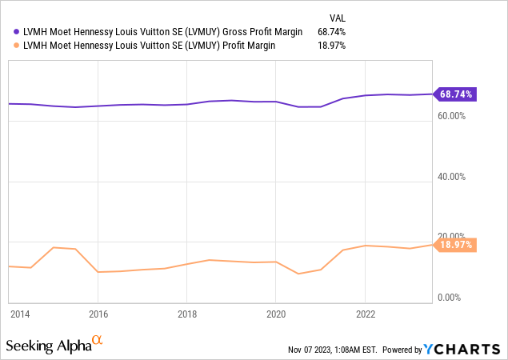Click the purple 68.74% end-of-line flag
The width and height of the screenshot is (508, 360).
point(455,94)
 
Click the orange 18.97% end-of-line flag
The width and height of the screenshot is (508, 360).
point(455,245)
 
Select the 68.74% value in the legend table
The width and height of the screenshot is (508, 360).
point(331,31)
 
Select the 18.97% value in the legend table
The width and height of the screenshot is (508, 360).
point(331,46)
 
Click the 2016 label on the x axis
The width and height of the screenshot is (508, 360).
point(98,314)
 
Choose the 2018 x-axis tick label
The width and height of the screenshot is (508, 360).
point(186,314)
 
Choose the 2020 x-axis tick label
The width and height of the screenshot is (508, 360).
point(275,314)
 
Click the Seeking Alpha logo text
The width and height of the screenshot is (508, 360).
point(48,346)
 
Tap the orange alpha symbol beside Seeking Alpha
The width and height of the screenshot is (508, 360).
point(98,342)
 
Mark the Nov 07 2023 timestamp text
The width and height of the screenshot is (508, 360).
point(333,350)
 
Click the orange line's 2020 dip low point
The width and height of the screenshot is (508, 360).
point(298,274)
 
